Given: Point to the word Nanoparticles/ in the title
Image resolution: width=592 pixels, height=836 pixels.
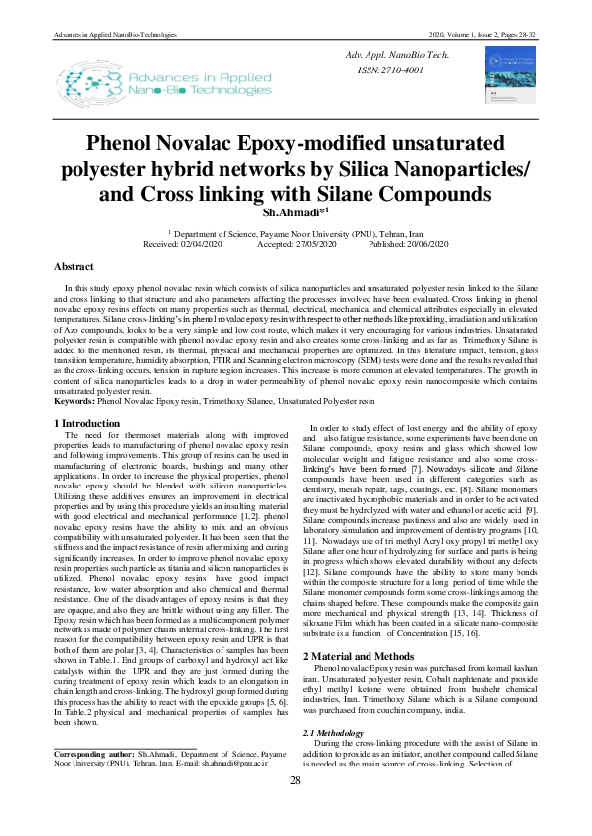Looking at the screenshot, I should click(x=464, y=168).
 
